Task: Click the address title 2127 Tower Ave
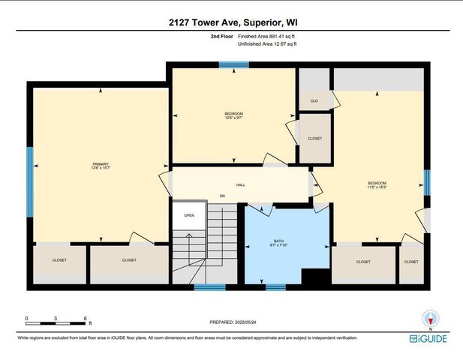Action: pos(231,22)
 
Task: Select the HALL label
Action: pos(241,184)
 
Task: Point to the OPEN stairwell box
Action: pos(188,216)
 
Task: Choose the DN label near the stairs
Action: pos(222,196)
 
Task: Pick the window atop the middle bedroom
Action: pos(229,65)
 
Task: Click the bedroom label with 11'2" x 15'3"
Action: pos(377,185)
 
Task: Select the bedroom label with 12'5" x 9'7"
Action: pos(233,115)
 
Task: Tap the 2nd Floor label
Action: pos(222,36)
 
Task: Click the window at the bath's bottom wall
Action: pos(275,286)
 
